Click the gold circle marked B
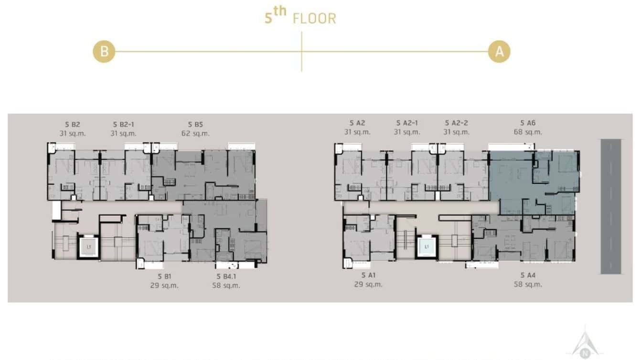coord(104,52)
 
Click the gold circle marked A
coord(499,52)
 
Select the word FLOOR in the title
coord(314,19)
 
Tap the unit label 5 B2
coord(73,124)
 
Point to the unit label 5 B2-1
coord(123,124)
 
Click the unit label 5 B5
coord(195,124)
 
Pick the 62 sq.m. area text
coord(195,134)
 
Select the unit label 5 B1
coord(164,276)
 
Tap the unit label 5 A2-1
coord(407,123)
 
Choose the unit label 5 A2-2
coord(456,123)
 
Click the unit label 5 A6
coord(528,123)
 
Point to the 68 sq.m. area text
coord(528,132)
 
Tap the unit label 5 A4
coord(528,275)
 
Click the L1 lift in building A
coord(427,247)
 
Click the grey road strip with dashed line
coord(610,206)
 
